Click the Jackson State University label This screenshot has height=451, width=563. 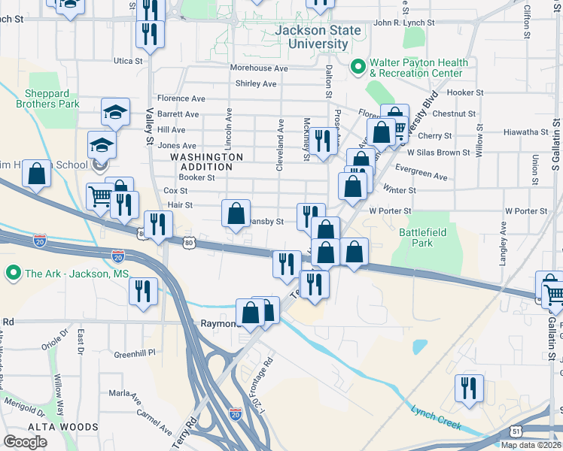point(318,38)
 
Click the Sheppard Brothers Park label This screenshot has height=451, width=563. point(53,99)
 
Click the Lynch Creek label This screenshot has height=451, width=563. point(436,416)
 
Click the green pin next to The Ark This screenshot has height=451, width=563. point(12,274)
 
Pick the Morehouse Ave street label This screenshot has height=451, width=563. point(259,68)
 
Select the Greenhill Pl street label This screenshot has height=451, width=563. point(134,352)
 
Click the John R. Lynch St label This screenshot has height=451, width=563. point(404,23)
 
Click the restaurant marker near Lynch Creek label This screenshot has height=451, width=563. point(469,389)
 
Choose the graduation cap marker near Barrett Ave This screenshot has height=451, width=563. point(115,113)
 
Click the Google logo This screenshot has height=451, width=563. point(25,442)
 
